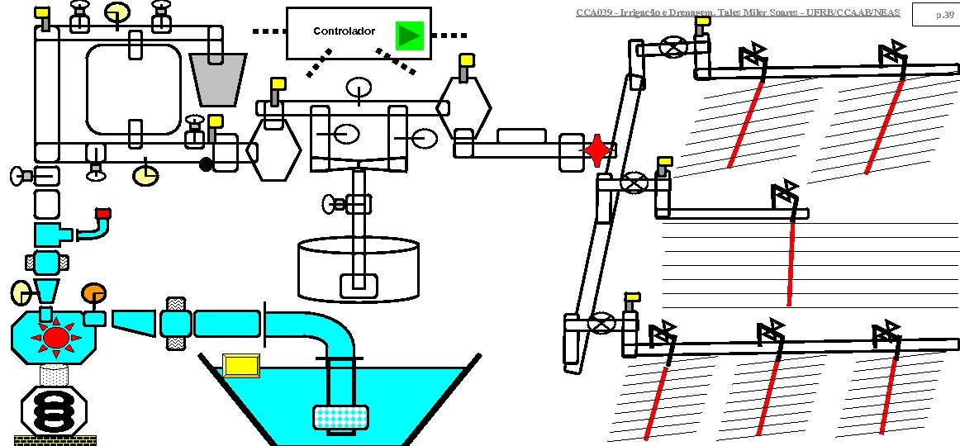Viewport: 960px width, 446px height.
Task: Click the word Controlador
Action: (345, 31)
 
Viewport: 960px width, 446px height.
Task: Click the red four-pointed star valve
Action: (596, 150)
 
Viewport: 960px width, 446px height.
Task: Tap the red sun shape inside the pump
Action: (55, 337)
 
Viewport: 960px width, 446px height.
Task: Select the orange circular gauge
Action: (93, 293)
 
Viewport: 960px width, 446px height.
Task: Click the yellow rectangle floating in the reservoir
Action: (242, 364)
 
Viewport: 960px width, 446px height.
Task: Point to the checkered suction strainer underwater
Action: (340, 419)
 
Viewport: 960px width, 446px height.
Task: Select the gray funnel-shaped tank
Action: (218, 79)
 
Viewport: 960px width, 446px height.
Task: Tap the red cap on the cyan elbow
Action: (102, 214)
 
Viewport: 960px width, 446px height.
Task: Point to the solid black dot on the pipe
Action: (207, 164)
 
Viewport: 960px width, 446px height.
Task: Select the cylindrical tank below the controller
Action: (359, 268)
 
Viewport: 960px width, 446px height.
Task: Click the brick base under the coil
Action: (55, 440)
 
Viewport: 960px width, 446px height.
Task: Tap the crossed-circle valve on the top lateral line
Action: (677, 48)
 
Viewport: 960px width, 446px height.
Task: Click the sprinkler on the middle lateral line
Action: (784, 195)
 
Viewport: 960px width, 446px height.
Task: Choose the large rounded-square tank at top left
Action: (134, 88)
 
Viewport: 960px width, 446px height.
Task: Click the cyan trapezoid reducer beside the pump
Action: (134, 322)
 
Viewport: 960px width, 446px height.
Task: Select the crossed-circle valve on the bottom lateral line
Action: (605, 323)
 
